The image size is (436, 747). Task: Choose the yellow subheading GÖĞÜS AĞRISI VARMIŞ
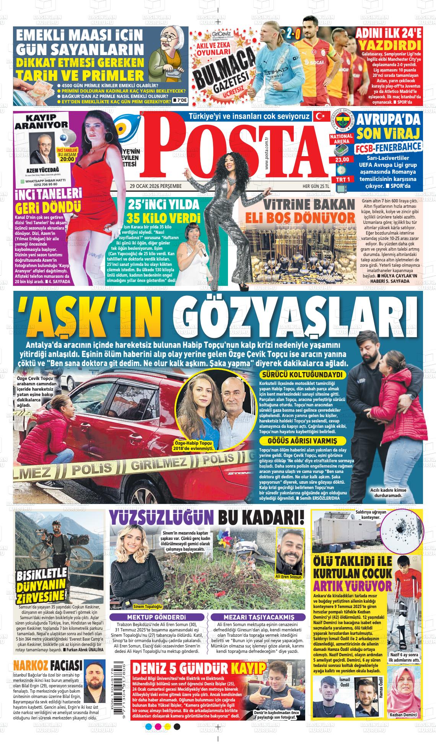[303, 441]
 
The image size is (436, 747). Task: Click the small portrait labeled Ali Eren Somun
[288, 553]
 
